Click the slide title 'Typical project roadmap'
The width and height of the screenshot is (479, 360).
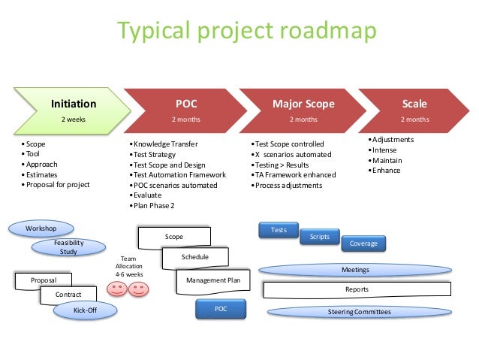pos(239,32)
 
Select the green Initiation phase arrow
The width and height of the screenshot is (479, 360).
pos(71,110)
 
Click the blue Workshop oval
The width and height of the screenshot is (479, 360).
pos(41,228)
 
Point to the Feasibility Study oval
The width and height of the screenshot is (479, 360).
pos(68,247)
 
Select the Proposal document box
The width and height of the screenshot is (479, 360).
pos(44,280)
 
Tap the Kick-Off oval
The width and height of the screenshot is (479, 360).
pos(85,309)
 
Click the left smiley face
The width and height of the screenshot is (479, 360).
pos(116,289)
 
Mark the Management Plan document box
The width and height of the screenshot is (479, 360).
pos(212,281)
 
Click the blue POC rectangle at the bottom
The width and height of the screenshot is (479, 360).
pos(220,309)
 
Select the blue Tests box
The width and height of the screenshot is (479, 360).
pos(279,230)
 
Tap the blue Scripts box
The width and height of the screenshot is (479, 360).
pos(320,237)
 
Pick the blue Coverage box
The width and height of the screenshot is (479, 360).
pos(363,244)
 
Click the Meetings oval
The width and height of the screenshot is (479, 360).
pos(355,269)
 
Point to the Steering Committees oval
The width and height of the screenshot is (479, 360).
pos(359,311)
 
